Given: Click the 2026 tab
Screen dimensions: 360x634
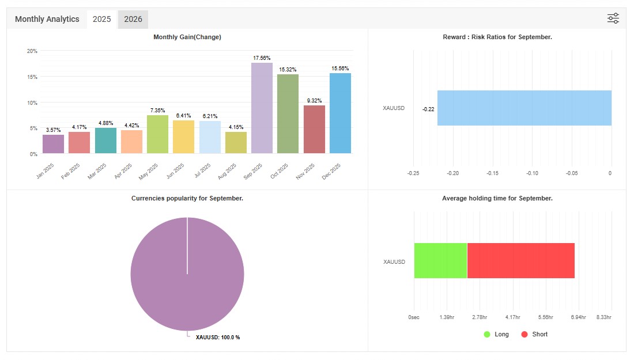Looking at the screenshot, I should point(133,19).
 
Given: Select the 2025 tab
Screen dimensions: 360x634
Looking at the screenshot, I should point(102,19).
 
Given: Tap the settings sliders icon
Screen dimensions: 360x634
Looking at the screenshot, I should point(613,18).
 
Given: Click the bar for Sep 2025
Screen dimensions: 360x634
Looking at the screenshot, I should point(262,108).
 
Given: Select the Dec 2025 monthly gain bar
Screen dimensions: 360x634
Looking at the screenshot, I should point(340,113).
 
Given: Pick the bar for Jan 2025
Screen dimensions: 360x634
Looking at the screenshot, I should point(53,144).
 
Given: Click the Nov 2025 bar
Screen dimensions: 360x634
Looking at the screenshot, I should point(314,130).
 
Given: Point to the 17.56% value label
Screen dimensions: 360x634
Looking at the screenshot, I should point(262,58).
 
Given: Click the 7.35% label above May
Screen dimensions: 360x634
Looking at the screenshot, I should point(157,110).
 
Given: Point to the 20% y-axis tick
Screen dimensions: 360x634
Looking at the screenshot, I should point(32,51).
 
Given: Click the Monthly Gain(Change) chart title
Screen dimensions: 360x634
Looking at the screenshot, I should point(187,37).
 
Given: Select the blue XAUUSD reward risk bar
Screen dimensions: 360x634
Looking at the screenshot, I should point(524,108).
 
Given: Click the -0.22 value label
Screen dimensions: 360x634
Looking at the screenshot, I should point(428,109).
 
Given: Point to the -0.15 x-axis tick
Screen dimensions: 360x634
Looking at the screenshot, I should point(492,173).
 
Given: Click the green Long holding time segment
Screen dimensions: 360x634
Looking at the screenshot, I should point(440,260).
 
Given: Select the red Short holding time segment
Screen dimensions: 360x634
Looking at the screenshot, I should point(520,260).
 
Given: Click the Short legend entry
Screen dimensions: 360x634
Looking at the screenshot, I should point(534,334).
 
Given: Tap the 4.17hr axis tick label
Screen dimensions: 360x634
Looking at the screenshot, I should point(512,317).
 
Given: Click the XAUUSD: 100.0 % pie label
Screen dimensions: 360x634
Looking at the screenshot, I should point(218,337).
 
